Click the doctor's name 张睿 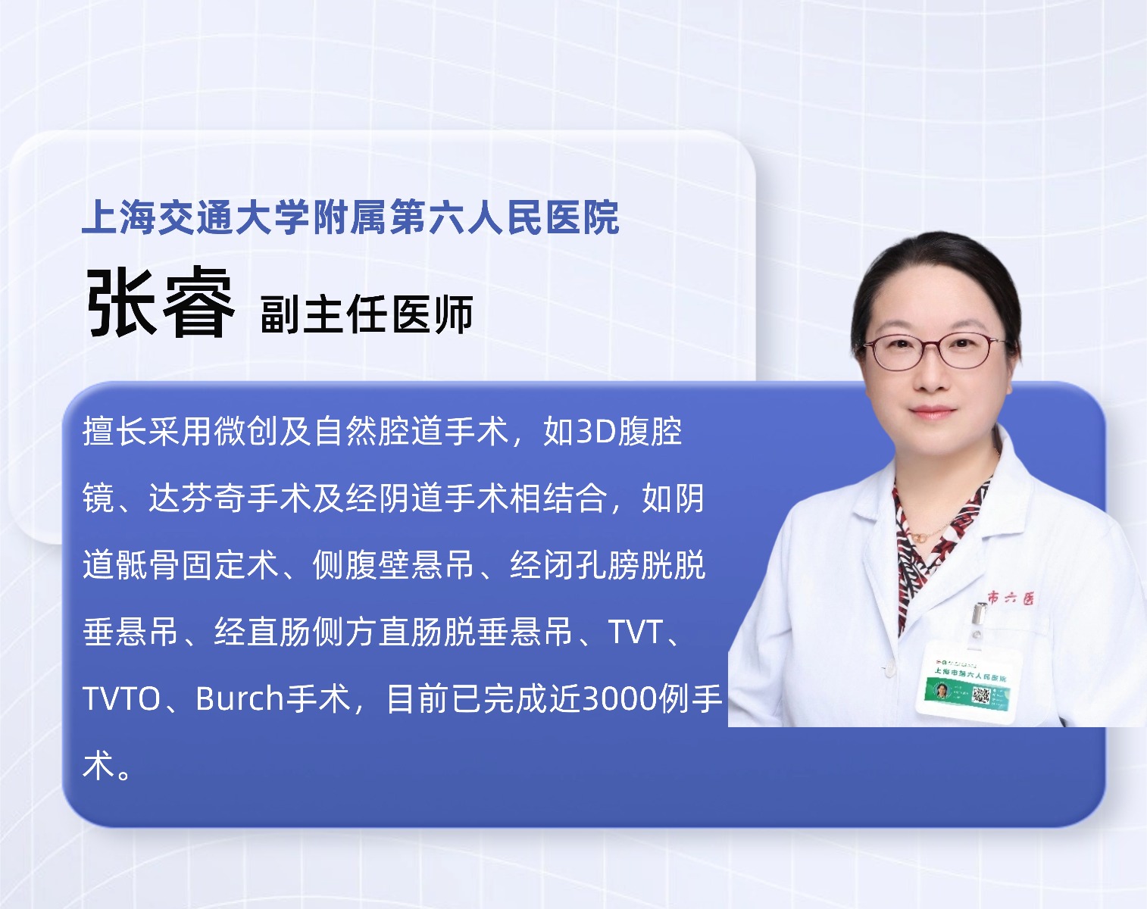[160, 302]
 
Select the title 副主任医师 [367, 314]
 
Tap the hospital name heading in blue [350, 217]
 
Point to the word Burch [239, 698]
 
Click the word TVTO [121, 698]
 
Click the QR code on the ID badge [981, 695]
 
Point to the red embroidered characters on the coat [1011, 598]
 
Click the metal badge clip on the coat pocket [978, 618]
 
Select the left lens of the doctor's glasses [896, 352]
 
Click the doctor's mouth [931, 412]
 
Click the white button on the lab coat [886, 667]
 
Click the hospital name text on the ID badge [969, 675]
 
